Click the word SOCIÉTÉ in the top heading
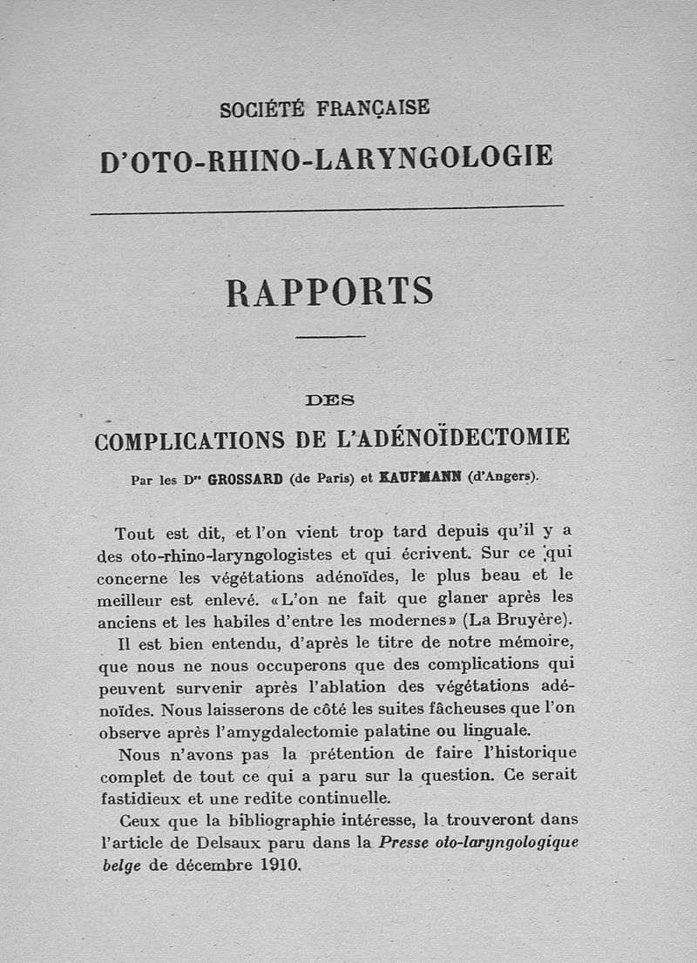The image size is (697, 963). click(x=262, y=110)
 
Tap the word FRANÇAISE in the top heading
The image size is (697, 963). click(x=373, y=108)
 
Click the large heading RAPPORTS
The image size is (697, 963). click(x=330, y=292)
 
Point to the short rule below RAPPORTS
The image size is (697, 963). click(x=330, y=336)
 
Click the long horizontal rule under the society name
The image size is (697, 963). click(x=328, y=209)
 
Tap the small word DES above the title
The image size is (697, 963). click(x=330, y=401)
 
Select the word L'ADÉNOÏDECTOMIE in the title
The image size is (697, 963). click(x=453, y=437)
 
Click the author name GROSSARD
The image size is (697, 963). click(x=245, y=478)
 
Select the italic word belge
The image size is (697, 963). click(x=121, y=866)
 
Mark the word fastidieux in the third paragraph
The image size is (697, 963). click(x=139, y=798)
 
